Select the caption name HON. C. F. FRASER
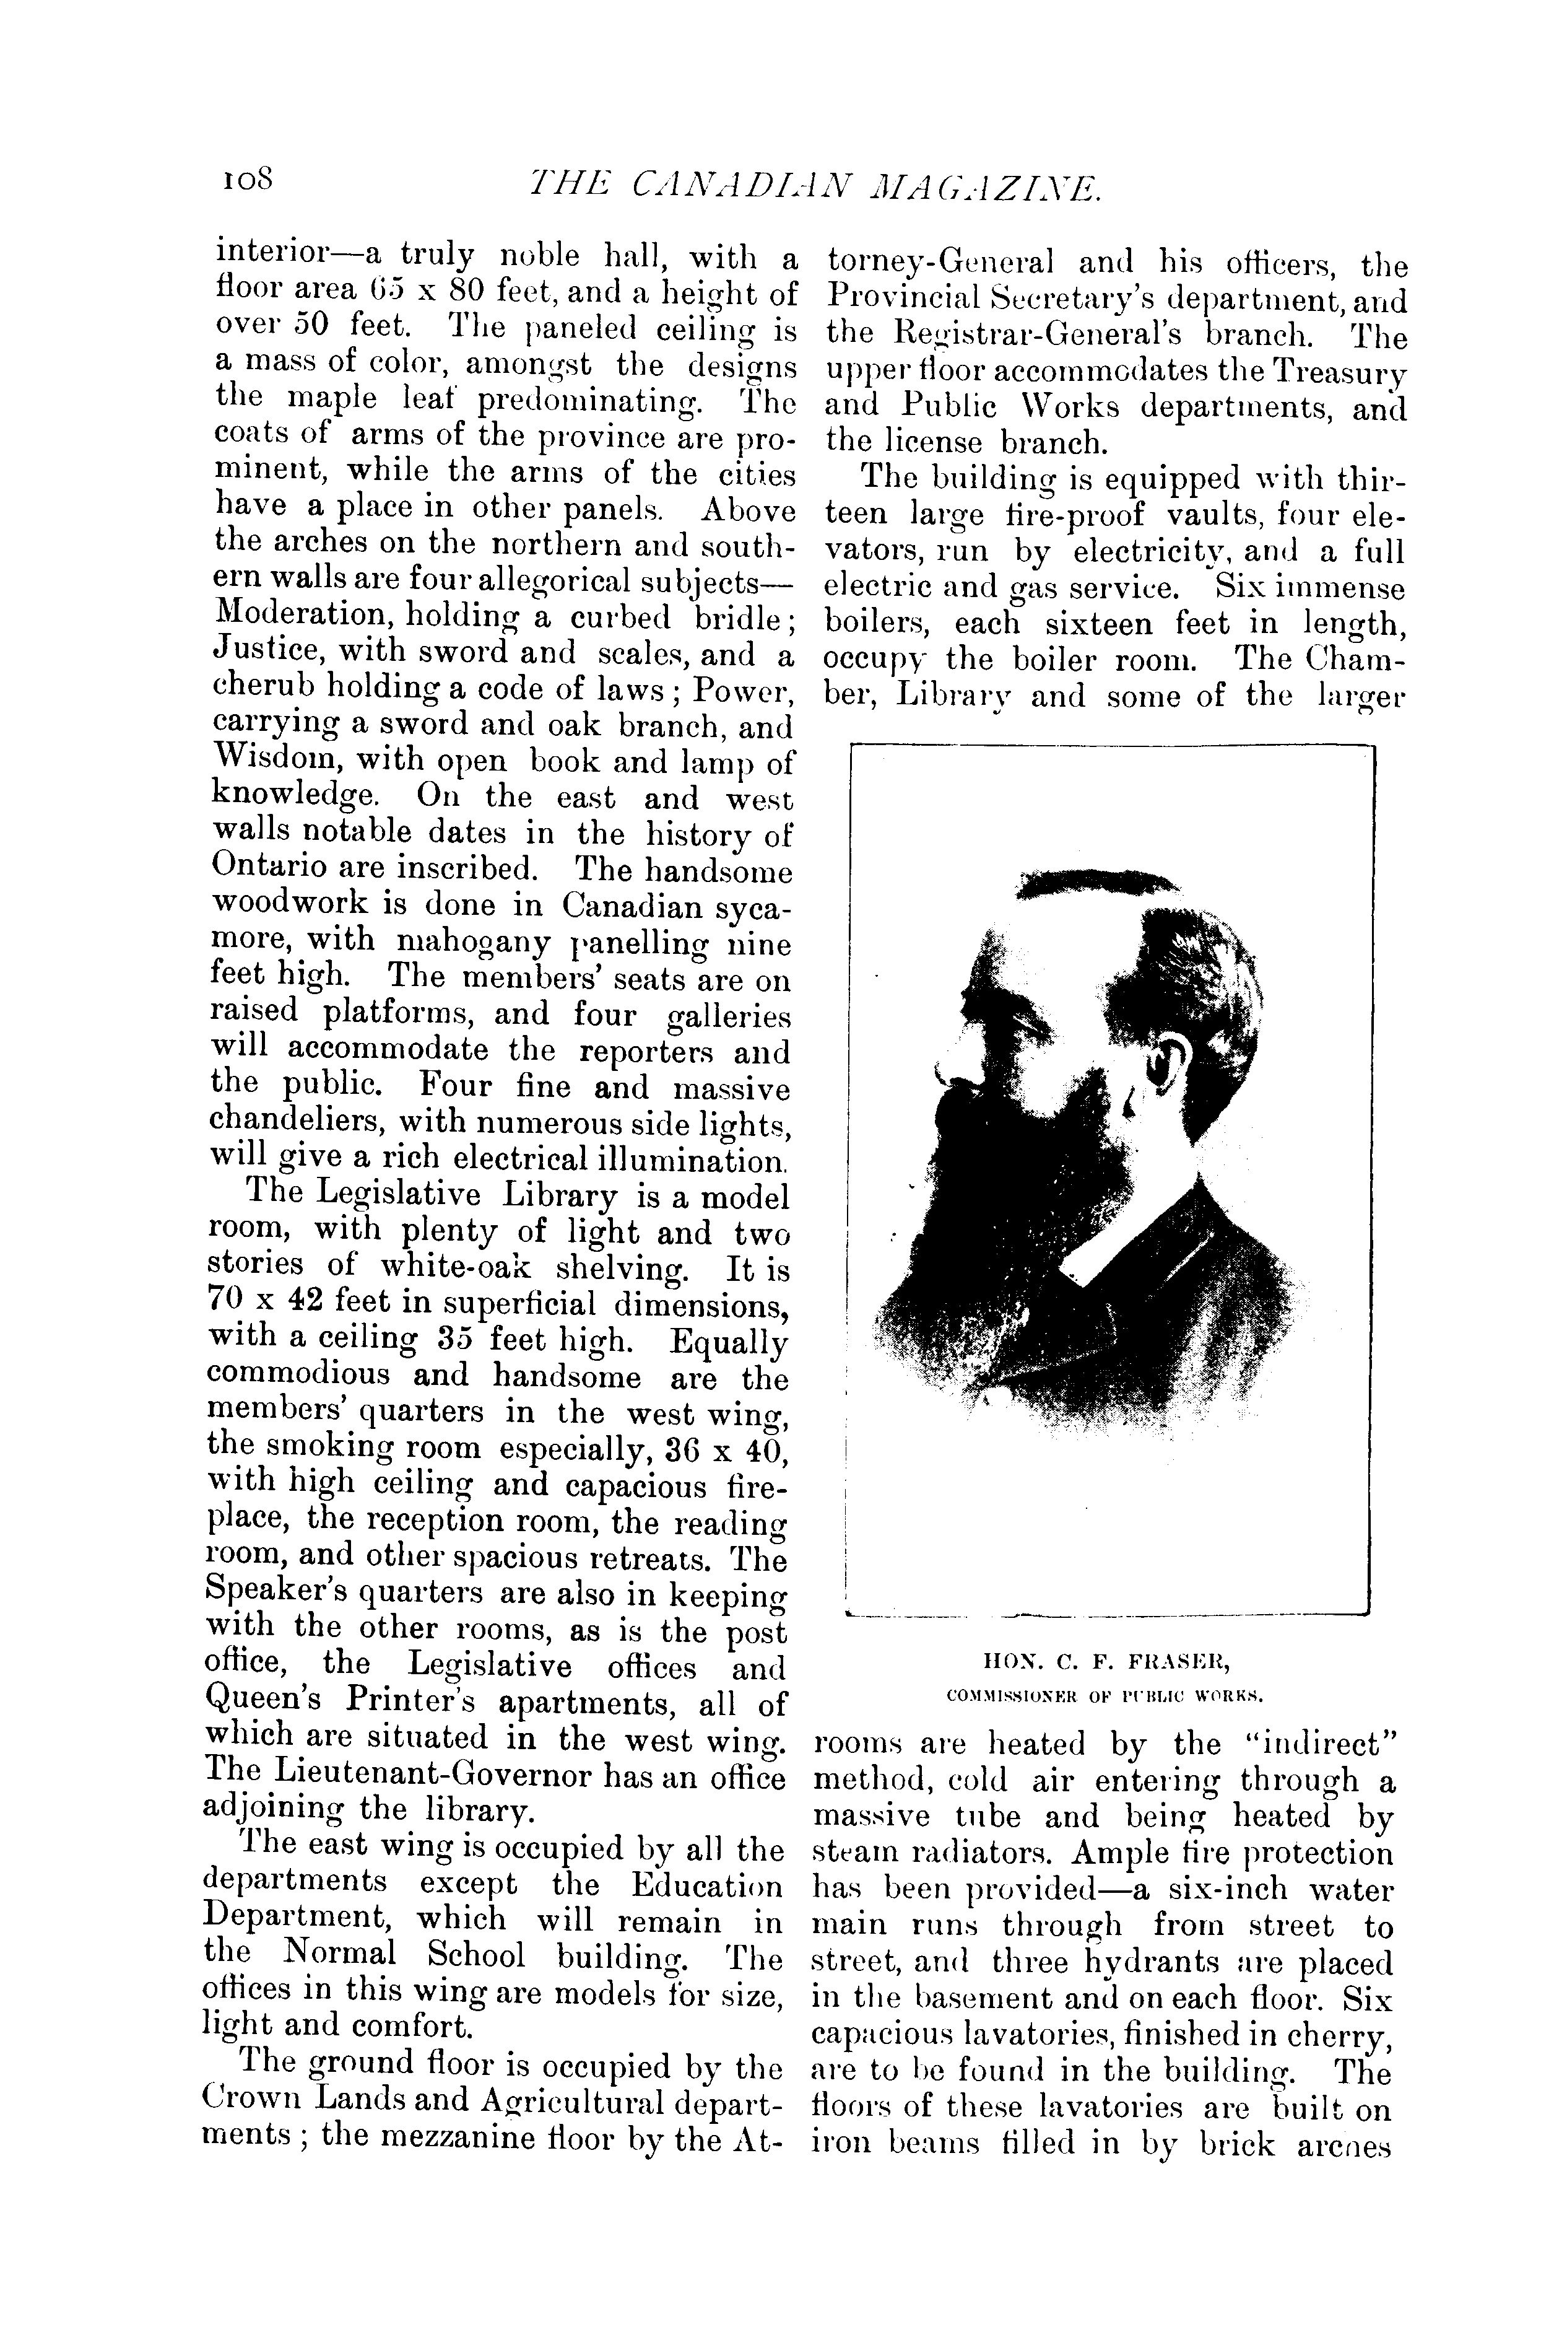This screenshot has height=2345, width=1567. [1105, 1662]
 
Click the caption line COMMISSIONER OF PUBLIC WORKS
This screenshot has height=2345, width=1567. [1105, 1695]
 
